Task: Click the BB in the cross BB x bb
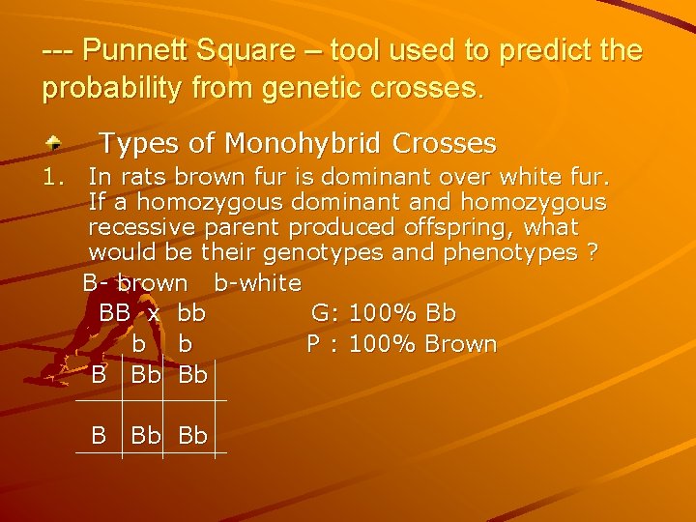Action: coord(115,313)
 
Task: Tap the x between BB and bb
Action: coord(154,313)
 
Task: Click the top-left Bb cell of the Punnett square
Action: coord(145,375)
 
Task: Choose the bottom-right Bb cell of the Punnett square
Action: coord(193,436)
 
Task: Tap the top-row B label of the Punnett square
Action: coord(99,375)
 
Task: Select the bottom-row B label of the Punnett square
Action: coord(99,436)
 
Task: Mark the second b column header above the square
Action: coord(186,344)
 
